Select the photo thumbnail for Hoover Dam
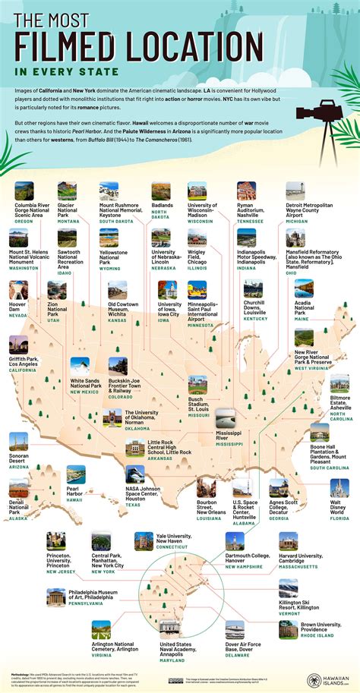[x=18, y=289]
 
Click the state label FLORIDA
[x=339, y=518]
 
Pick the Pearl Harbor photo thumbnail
[x=76, y=474]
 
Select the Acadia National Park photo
[x=304, y=288]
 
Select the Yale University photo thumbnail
[x=144, y=540]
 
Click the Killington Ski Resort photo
[x=289, y=587]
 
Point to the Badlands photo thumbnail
[x=161, y=191]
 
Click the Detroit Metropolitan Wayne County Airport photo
[x=295, y=191]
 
